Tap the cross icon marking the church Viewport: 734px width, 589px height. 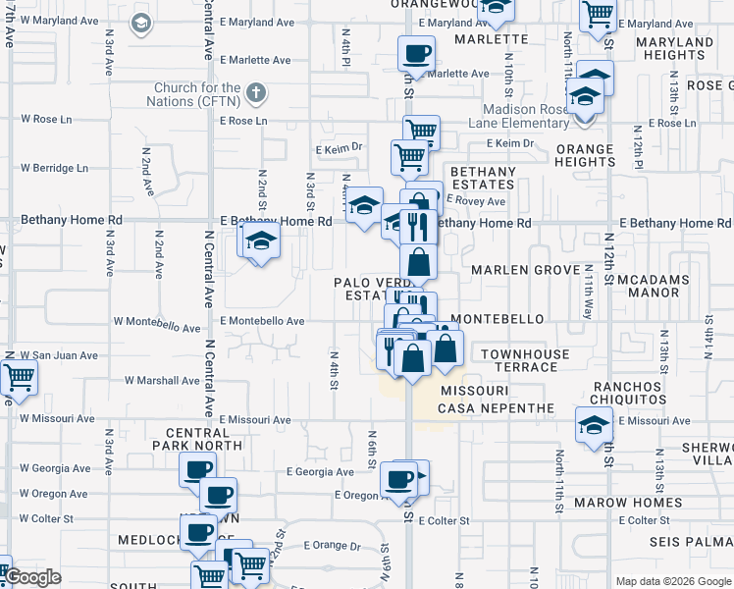click(x=255, y=93)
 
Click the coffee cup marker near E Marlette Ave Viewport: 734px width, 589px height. click(x=416, y=53)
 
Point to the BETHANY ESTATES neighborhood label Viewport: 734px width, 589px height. click(x=483, y=178)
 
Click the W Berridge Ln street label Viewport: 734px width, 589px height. click(x=54, y=168)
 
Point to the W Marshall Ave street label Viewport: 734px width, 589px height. click(x=163, y=381)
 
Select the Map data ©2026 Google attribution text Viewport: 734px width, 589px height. click(x=673, y=581)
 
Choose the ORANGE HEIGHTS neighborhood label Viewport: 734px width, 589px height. click(x=585, y=155)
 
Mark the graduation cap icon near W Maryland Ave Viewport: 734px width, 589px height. click(x=140, y=22)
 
